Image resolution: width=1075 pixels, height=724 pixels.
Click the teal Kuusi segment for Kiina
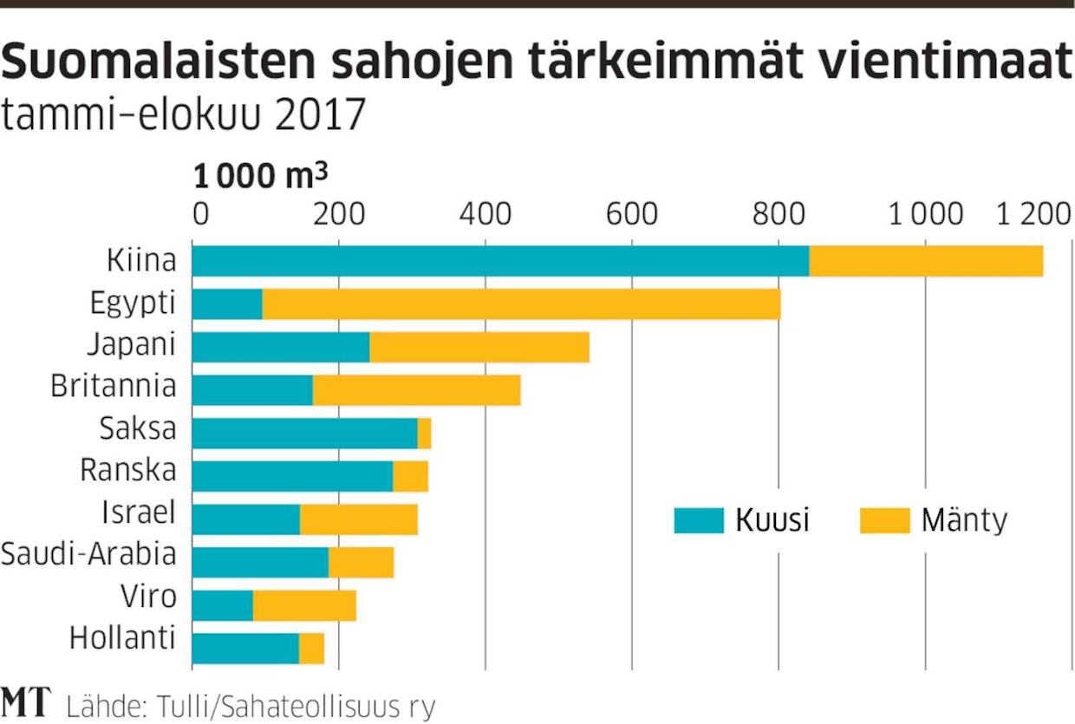pos(500,261)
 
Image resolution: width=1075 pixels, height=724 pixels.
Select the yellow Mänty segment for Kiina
pos(926,261)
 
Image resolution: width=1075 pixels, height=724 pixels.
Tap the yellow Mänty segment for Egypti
pos(521,304)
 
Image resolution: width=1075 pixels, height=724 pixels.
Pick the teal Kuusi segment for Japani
pos(281,347)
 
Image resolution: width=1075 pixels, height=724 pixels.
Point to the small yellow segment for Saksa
pos(424,433)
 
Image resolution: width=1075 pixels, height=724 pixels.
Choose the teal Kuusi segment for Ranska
pos(292,476)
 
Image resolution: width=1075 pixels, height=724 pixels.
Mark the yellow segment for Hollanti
pos(311,648)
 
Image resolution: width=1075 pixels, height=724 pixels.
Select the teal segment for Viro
pos(223,605)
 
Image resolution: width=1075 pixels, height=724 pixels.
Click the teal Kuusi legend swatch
pos(699,520)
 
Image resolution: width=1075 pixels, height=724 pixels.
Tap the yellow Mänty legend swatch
pos(884,520)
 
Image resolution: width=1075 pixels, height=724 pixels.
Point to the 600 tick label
pos(631,213)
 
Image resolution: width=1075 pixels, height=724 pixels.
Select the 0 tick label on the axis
pos(201,213)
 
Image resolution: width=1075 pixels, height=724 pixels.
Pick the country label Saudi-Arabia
pos(88,554)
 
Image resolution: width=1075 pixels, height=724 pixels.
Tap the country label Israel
pos(138,512)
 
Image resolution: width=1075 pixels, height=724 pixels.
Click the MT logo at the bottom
pos(26,702)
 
